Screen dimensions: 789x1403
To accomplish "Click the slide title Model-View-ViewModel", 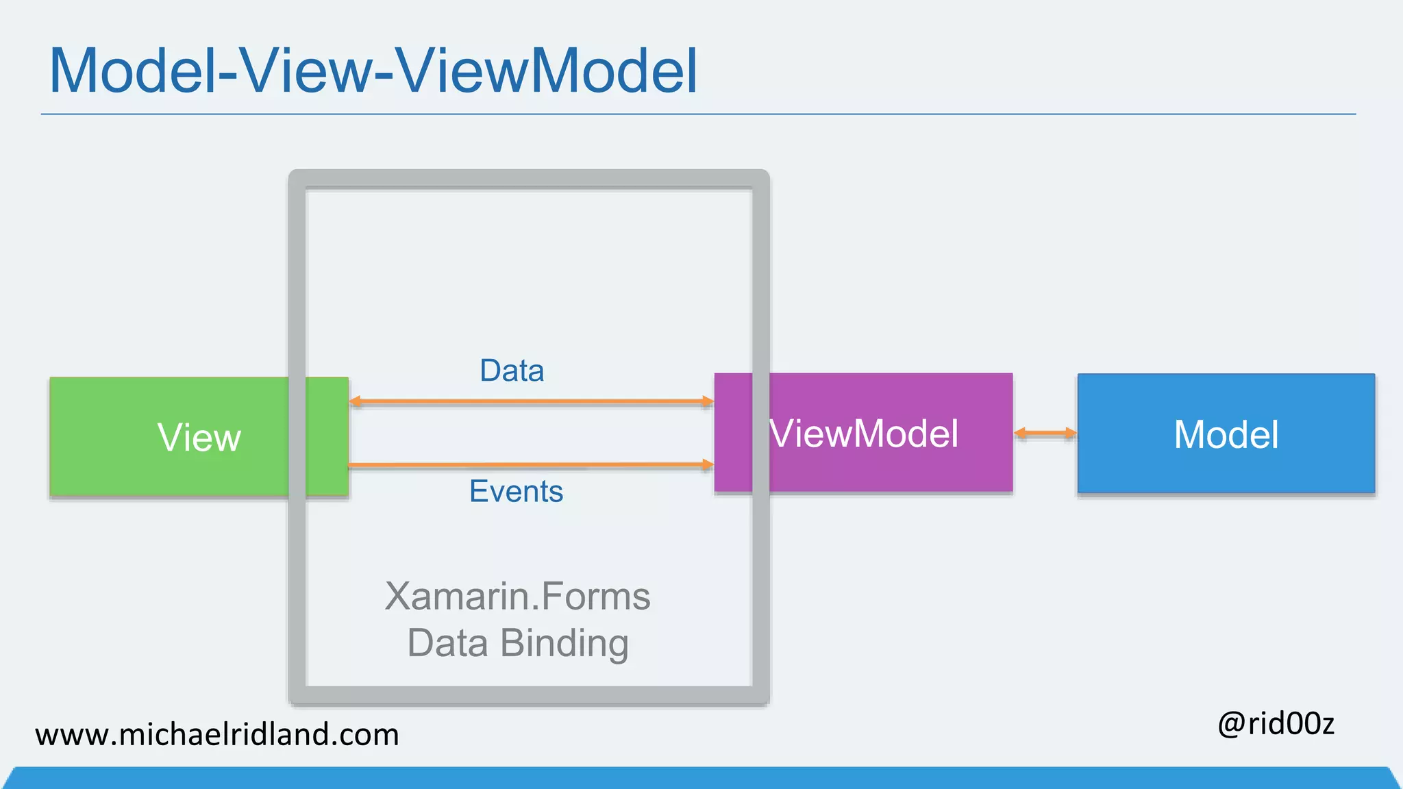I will tap(373, 71).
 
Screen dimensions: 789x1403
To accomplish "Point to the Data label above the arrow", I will tap(512, 371).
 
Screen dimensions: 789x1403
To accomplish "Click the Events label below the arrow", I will tap(516, 491).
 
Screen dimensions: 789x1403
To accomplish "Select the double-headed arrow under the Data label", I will tap(531, 401).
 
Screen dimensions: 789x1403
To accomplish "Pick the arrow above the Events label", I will tap(531, 465).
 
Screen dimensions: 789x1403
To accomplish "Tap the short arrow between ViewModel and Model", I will tap(1045, 433).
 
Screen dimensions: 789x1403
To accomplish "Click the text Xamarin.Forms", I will tap(517, 596).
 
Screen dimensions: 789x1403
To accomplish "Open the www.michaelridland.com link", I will tap(217, 734).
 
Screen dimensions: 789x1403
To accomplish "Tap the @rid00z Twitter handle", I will tap(1276, 723).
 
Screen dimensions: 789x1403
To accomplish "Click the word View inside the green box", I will tap(199, 437).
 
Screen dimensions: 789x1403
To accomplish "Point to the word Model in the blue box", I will tap(1226, 434).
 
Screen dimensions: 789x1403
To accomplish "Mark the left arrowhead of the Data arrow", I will tap(355, 401).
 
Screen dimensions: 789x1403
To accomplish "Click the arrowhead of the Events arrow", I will tap(708, 464).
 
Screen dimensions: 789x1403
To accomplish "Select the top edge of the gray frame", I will tap(529, 179).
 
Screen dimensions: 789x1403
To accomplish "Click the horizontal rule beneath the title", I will tap(698, 114).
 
